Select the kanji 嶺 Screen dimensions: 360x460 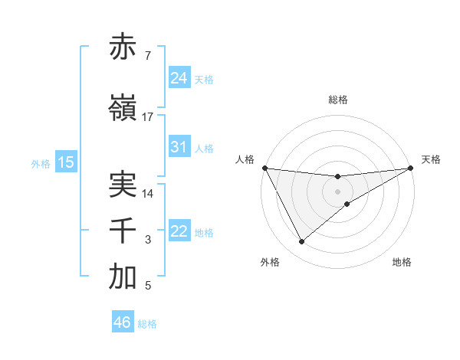pyautogui.click(x=123, y=109)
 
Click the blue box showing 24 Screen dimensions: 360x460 pyautogui.click(x=179, y=78)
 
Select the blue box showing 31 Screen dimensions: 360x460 pyautogui.click(x=179, y=147)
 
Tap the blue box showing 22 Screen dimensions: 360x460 pyautogui.click(x=179, y=231)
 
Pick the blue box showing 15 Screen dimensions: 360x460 pyautogui.click(x=66, y=162)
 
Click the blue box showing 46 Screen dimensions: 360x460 pyautogui.click(x=123, y=322)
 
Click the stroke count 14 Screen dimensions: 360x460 pyautogui.click(x=148, y=194)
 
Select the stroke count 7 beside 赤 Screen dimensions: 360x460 pyautogui.click(x=147, y=56)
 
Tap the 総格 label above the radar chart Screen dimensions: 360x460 pyautogui.click(x=337, y=100)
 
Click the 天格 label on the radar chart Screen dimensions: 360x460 pyautogui.click(x=431, y=159)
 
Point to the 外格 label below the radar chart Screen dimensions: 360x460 pyautogui.click(x=270, y=262)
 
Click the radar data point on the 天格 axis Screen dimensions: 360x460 pyautogui.click(x=411, y=168)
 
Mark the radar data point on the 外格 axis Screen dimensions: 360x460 pyautogui.click(x=301, y=242)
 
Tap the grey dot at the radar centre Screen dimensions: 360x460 pyautogui.click(x=337, y=191)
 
